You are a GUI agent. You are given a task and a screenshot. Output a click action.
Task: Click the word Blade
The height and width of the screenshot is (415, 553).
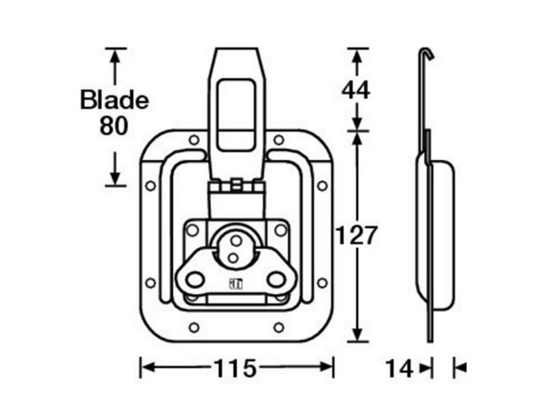coord(114,100)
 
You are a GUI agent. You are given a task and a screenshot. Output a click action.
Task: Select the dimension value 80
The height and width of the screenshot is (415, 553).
coord(114,126)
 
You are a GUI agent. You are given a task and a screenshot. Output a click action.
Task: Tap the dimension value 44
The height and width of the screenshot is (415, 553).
coord(356,90)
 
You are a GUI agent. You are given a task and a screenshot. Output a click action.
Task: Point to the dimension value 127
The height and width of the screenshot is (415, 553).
coord(356,236)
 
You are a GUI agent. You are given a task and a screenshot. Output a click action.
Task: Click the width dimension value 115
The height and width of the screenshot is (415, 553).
coord(236,369)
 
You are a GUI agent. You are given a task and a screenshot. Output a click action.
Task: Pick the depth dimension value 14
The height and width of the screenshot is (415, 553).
coord(399,369)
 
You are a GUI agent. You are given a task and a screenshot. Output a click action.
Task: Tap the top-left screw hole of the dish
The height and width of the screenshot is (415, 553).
coord(194,140)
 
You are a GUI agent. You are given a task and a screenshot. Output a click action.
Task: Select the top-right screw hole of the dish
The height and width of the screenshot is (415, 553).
coord(279,140)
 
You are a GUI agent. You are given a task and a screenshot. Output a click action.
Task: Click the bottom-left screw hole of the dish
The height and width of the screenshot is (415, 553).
coord(194,327)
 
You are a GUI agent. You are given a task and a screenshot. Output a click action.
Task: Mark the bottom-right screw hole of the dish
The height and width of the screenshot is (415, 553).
coord(279,327)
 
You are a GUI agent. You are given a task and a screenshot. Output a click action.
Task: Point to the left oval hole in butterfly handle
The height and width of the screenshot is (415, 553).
coord(194,279)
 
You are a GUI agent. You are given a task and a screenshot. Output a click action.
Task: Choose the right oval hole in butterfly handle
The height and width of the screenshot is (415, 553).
coord(276,279)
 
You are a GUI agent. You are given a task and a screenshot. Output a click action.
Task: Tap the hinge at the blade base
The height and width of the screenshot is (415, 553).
coord(236,186)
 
